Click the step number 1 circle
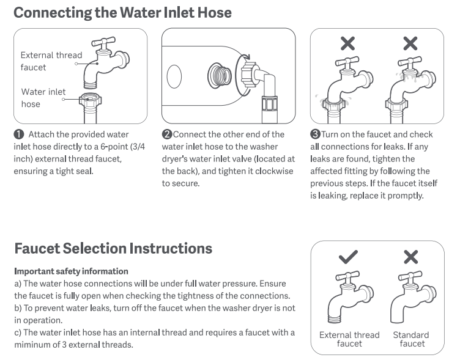click(x=19, y=134)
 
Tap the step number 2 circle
click(x=167, y=134)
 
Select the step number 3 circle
click(x=316, y=134)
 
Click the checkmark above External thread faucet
click(x=348, y=257)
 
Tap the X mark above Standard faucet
click(x=410, y=257)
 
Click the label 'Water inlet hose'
click(x=43, y=98)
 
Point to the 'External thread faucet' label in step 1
click(x=51, y=61)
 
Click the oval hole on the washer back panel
click(x=174, y=76)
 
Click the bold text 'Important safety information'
click(x=72, y=271)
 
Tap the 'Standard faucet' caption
click(x=411, y=339)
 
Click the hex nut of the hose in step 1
click(x=90, y=100)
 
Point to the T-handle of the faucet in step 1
click(x=103, y=42)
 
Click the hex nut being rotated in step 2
click(x=249, y=75)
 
